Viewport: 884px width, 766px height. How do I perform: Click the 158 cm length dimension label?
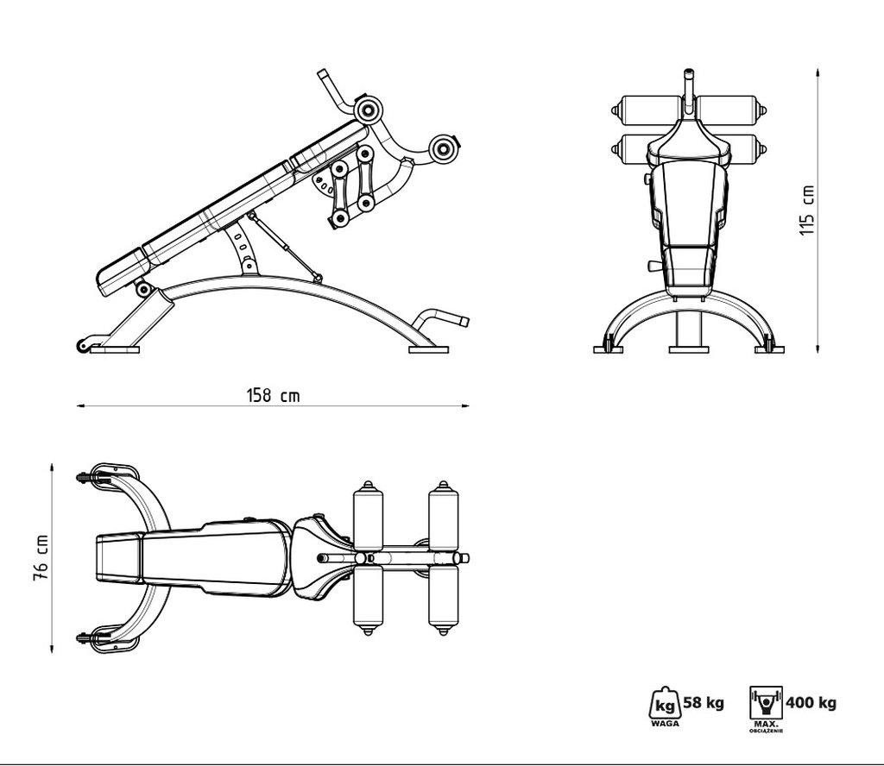tap(274, 395)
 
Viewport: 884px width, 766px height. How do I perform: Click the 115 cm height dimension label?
tap(807, 210)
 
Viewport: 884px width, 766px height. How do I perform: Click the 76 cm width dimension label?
tap(40, 557)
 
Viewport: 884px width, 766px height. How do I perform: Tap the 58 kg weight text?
tap(704, 702)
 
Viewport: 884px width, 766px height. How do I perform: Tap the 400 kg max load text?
tap(812, 702)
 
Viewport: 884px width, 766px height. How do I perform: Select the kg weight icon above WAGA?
tap(663, 702)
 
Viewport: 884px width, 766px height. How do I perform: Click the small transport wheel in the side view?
tap(83, 346)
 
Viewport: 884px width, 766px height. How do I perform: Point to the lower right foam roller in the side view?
tap(445, 148)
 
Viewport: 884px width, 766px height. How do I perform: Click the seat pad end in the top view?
tap(117, 557)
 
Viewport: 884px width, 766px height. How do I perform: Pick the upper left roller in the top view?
tap(368, 518)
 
